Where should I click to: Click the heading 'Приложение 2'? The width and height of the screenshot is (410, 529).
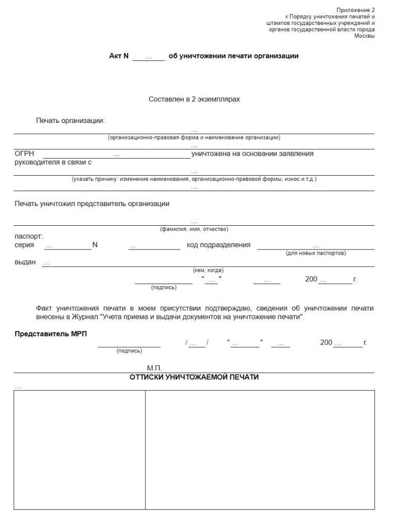pos(355,10)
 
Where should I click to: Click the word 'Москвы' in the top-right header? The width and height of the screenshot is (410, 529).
pos(364,36)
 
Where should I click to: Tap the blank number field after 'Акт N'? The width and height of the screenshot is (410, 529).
pos(149,57)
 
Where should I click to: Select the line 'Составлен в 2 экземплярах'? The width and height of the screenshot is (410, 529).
pos(194,99)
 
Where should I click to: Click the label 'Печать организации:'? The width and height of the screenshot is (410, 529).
pos(70,121)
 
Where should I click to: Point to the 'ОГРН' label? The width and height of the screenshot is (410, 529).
pos(24,154)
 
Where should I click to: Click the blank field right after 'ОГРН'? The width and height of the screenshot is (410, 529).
pos(117,154)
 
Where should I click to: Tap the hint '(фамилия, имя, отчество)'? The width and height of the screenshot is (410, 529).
pos(194,229)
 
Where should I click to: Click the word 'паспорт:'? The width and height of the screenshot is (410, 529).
pos(28,237)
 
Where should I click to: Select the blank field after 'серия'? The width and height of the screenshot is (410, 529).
pos(68,246)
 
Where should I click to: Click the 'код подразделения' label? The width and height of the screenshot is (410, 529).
pos(219,245)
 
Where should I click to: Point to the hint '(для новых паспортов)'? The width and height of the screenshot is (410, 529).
pos(316,253)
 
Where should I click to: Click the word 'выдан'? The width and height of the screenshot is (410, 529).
pos(25,262)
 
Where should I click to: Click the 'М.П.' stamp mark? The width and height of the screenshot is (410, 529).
pos(154,368)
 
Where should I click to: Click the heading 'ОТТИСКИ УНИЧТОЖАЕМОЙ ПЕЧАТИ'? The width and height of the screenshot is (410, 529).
pos(194,378)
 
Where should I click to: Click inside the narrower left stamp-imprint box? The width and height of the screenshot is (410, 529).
pos(79,449)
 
